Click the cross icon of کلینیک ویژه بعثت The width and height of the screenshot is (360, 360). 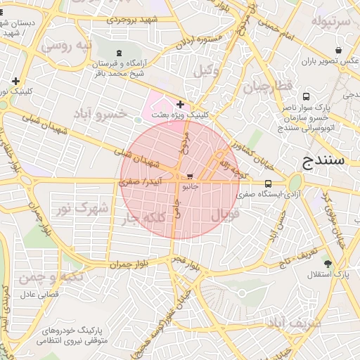point(181,104)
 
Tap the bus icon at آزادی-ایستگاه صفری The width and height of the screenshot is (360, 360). point(267,184)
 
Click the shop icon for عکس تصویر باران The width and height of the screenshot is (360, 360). point(339,50)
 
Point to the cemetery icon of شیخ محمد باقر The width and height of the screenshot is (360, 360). point(118,53)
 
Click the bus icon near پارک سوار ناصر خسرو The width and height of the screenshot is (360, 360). point(305,96)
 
